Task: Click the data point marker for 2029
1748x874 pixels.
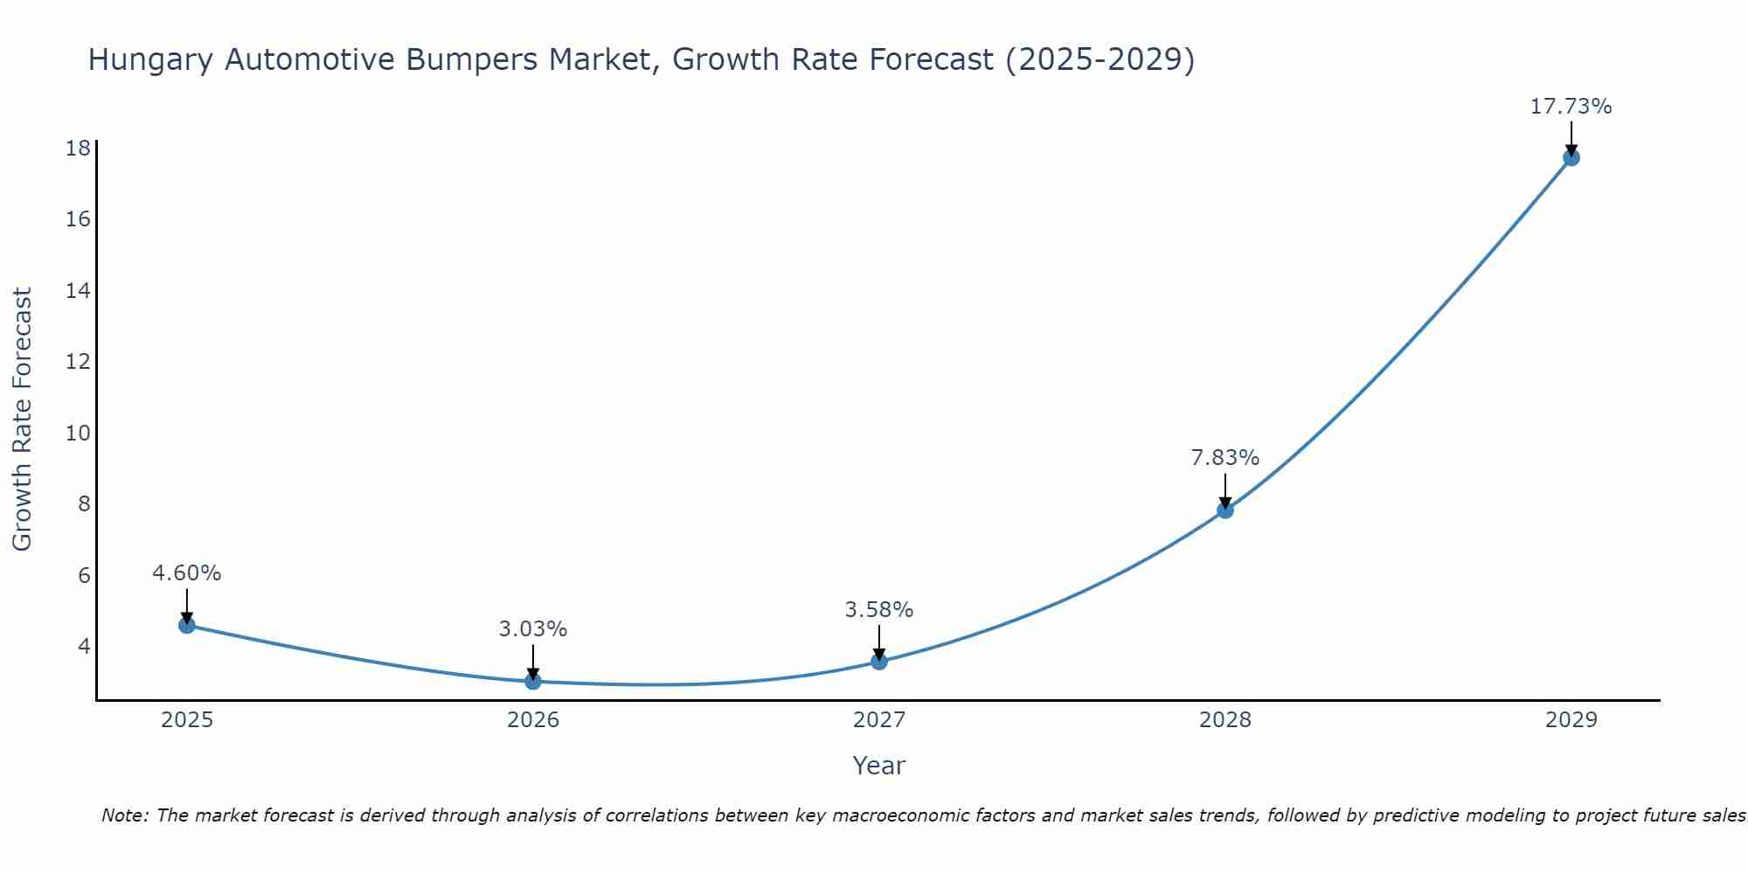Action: tap(1571, 157)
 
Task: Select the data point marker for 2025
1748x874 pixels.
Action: tap(186, 625)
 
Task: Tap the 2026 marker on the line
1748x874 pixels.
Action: tap(533, 681)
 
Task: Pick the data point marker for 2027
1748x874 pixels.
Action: tap(879, 662)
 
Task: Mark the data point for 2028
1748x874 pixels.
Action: tap(1225, 510)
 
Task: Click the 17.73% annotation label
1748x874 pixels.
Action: tap(1571, 107)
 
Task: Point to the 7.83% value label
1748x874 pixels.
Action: tap(1225, 458)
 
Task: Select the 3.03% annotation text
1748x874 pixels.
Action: tap(533, 629)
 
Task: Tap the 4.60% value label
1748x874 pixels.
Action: tap(186, 573)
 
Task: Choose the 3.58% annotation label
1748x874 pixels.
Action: tap(879, 610)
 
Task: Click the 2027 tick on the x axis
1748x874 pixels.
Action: tap(879, 720)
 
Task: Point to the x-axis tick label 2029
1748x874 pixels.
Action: tap(1571, 720)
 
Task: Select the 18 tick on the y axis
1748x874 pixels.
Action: tap(79, 148)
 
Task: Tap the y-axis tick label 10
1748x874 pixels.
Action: tap(79, 434)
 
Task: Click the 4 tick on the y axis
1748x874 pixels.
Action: tap(84, 647)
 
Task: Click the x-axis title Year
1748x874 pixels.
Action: tap(879, 766)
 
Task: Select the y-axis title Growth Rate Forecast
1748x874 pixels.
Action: tap(22, 420)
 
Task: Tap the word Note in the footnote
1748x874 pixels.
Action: tap(125, 815)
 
